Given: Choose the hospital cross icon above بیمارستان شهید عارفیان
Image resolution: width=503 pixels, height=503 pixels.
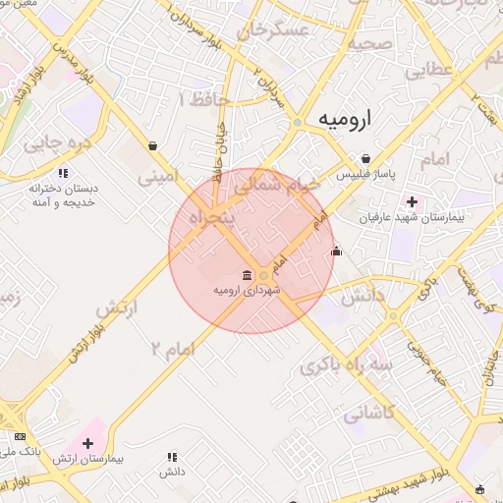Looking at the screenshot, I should tap(411, 202).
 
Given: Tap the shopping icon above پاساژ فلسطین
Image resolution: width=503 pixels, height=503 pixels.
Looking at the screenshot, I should tap(365, 159).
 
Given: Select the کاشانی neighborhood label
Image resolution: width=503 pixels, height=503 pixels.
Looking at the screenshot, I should tap(368, 415).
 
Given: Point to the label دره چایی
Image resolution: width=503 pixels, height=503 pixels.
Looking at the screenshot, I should tap(56, 143).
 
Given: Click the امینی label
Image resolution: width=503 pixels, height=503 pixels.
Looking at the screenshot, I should tap(158, 179).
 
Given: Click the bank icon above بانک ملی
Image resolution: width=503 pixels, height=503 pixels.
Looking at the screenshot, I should tap(20, 435).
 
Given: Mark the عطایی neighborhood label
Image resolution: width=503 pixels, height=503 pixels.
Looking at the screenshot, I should tap(429, 71).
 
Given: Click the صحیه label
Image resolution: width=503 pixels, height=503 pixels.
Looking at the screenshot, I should tap(370, 43).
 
